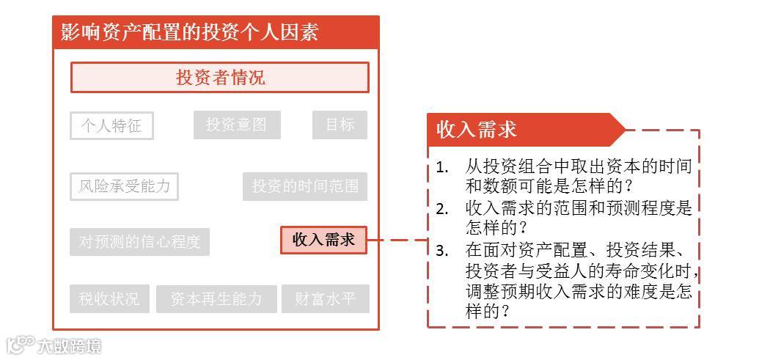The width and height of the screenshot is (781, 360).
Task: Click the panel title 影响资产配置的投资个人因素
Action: pos(190,32)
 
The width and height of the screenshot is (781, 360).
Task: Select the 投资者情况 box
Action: pos(220,78)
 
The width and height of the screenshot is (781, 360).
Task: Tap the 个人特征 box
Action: pos(111,126)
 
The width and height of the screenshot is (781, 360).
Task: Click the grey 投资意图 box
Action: pos(237,125)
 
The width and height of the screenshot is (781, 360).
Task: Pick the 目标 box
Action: pos(340,125)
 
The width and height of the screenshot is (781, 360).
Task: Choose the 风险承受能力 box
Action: pos(125,186)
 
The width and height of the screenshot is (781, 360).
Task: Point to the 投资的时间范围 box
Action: pos(305,187)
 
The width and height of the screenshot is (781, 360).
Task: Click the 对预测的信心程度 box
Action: pos(139,242)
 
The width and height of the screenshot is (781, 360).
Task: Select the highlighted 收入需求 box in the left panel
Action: pos(323,240)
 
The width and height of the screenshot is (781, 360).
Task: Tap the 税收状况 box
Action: pos(109,299)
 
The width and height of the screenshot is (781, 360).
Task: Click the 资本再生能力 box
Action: pos(216,299)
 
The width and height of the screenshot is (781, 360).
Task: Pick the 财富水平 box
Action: pos(325,299)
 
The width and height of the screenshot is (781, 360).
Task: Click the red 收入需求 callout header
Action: pos(477,131)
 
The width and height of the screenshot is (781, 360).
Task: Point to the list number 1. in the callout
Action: pos(441,167)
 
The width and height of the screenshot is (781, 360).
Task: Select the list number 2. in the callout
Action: pos(441,209)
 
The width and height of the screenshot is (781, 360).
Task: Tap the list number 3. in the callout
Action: pos(441,250)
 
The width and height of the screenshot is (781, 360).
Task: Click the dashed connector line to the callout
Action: pos(397,240)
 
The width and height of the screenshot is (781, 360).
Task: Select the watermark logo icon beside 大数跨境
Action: pos(21,344)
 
